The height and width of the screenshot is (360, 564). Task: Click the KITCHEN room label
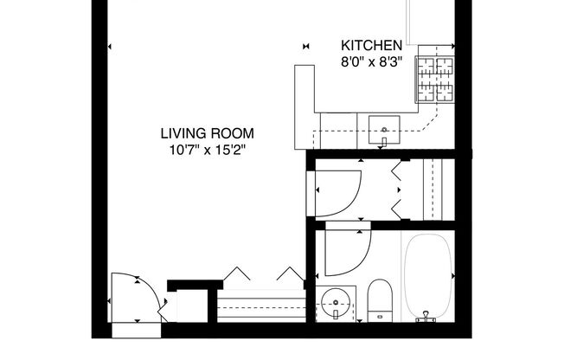pos(371,46)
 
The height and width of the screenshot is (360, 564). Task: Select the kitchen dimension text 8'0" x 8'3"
pos(371,61)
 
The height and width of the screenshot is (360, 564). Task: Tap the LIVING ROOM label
pos(207,133)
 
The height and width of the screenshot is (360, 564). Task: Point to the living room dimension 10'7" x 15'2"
pos(207,149)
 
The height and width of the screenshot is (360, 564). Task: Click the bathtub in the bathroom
pos(427,275)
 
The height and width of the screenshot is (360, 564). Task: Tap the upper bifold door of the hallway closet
pos(400,177)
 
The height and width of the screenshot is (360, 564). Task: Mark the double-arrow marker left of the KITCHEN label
pos(305,46)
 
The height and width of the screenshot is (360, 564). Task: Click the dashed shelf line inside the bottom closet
pos(260,299)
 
